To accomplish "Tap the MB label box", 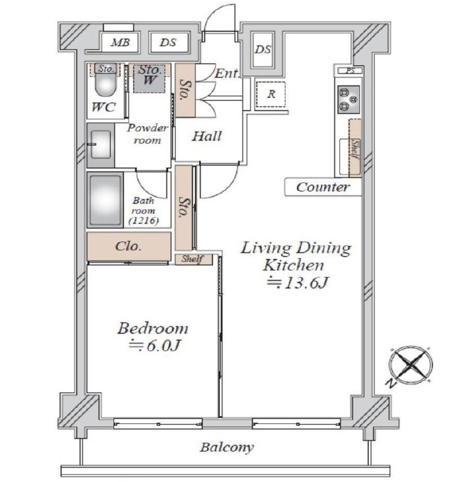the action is click(120, 42).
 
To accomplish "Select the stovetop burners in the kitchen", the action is click(349, 99).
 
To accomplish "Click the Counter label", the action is click(323, 187).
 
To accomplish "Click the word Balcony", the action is click(227, 447).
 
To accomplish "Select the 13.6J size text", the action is click(297, 282).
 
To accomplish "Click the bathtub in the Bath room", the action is click(105, 200).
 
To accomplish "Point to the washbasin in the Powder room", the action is click(101, 145).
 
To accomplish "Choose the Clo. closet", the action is click(129, 246).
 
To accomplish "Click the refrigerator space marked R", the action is click(271, 94).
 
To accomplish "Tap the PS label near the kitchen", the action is click(350, 71).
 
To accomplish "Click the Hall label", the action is click(207, 136).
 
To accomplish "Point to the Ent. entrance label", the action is click(227, 73).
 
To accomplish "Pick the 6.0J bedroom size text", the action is click(154, 346).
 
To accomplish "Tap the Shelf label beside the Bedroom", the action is click(192, 259).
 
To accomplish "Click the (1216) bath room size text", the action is click(144, 221).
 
